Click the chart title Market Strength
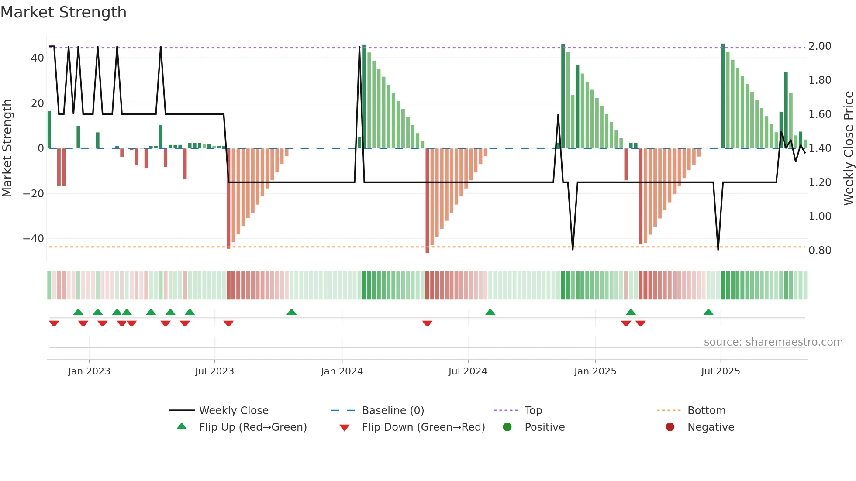(x=63, y=12)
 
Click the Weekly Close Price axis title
(x=848, y=148)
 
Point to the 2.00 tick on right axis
(x=820, y=46)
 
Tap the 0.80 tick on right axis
(x=820, y=251)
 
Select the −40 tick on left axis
(x=34, y=239)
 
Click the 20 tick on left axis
(x=38, y=103)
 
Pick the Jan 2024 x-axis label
(x=342, y=371)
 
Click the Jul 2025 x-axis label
(x=720, y=371)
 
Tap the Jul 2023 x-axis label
(x=214, y=371)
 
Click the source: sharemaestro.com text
(x=773, y=342)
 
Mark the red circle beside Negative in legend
(x=670, y=427)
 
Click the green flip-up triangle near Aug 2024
(x=490, y=313)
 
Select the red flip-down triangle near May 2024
(x=427, y=323)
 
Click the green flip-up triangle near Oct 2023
(x=291, y=313)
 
